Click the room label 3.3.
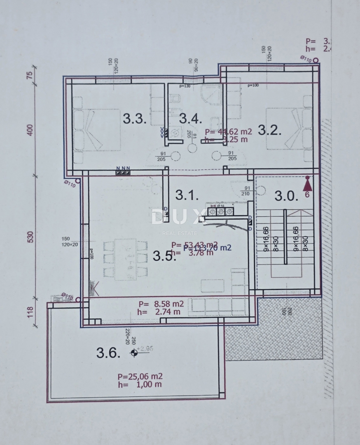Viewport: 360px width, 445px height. click(135, 119)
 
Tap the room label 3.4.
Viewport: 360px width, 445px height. click(190, 119)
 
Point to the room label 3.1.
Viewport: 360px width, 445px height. click(187, 195)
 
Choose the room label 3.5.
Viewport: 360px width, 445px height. click(164, 256)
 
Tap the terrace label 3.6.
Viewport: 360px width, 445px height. click(108, 353)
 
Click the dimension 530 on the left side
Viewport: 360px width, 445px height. click(29, 238)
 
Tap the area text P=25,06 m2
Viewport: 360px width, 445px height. click(140, 376)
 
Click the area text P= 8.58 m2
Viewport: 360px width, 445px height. click(161, 304)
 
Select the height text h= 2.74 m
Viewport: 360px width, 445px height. click(159, 311)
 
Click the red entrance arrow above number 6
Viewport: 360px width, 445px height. click(308, 183)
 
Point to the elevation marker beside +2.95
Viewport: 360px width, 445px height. click(133, 352)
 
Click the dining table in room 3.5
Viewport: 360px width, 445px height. click(125, 259)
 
